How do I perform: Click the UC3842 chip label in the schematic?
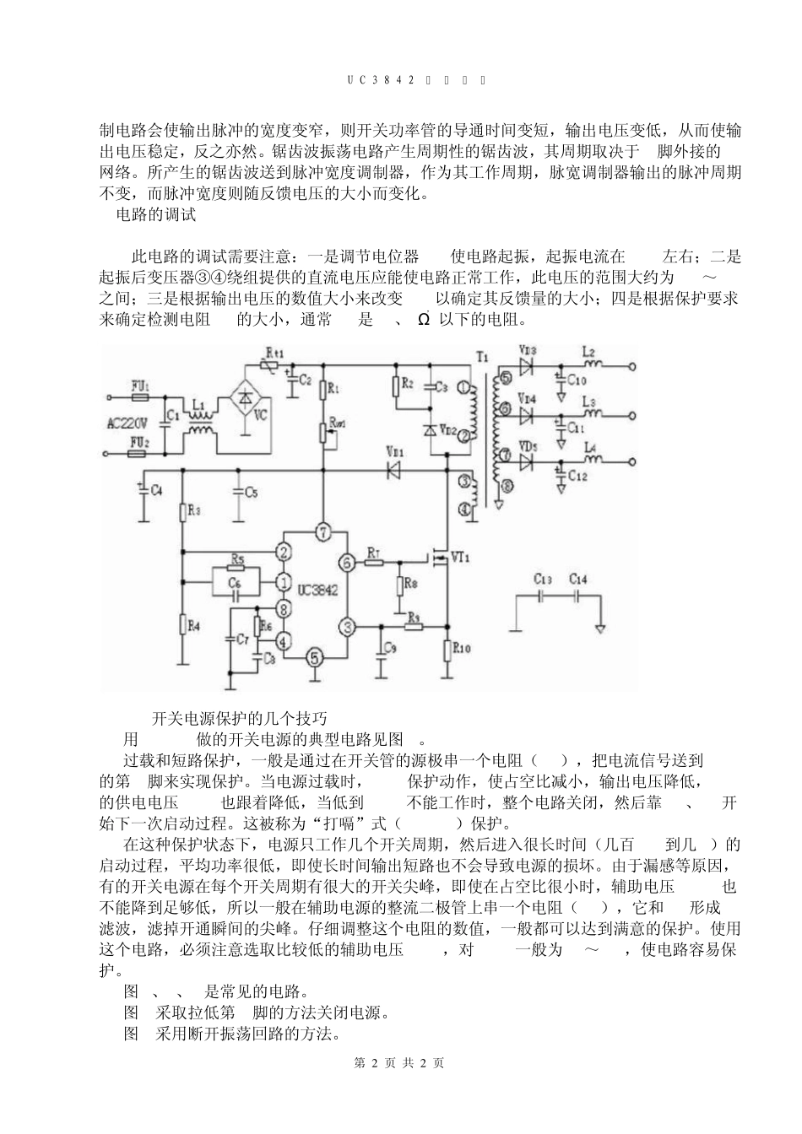point(317,591)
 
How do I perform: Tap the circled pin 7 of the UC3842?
point(322,532)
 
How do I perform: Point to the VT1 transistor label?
point(461,557)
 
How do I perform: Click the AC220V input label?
point(128,423)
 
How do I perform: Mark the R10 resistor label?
point(461,648)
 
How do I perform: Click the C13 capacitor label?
point(543,579)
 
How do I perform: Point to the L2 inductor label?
point(589,352)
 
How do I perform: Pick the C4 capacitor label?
point(154,491)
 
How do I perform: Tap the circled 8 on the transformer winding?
point(506,485)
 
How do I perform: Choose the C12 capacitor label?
point(577,476)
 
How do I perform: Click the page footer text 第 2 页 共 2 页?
point(400,1062)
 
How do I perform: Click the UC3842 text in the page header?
point(381,80)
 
